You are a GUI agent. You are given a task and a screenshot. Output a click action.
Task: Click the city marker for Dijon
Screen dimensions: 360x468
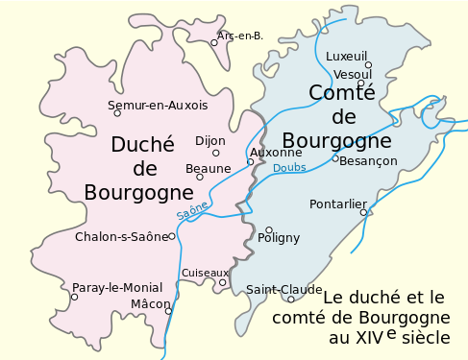pyautogui.click(x=216, y=153)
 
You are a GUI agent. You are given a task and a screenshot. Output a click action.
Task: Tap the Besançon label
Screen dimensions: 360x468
pyautogui.click(x=368, y=161)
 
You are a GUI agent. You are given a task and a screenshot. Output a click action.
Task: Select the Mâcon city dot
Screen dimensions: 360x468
pyautogui.click(x=168, y=311)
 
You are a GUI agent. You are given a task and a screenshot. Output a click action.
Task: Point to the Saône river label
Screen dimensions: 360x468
pyautogui.click(x=192, y=209)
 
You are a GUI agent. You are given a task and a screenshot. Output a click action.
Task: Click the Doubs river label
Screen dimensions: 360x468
pyautogui.click(x=289, y=168)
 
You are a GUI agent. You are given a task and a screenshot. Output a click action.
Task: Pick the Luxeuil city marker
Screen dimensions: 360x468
pyautogui.click(x=368, y=65)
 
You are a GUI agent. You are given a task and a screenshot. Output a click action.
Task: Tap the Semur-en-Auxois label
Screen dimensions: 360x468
pyautogui.click(x=158, y=105)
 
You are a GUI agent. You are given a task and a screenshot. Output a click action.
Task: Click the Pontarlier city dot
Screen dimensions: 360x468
pyautogui.click(x=363, y=212)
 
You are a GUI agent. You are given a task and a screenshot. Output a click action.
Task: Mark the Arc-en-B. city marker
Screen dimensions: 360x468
pyautogui.click(x=214, y=42)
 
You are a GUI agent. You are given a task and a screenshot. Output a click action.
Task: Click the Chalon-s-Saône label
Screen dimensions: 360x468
pyautogui.click(x=121, y=236)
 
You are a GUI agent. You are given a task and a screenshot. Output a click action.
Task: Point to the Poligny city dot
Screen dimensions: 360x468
pyautogui.click(x=269, y=229)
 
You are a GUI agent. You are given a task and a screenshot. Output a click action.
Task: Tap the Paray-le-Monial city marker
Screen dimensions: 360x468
pyautogui.click(x=74, y=297)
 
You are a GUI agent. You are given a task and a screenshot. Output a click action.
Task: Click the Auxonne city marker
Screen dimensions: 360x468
pyautogui.click(x=250, y=161)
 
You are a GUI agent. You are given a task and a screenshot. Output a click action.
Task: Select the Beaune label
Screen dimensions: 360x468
pyautogui.click(x=209, y=169)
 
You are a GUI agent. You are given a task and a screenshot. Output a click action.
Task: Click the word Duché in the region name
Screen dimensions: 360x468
pyautogui.click(x=142, y=145)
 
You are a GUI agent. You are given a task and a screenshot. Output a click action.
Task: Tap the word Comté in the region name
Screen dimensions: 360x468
pyautogui.click(x=342, y=93)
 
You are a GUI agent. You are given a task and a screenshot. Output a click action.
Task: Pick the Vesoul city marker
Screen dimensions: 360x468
pyautogui.click(x=360, y=84)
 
